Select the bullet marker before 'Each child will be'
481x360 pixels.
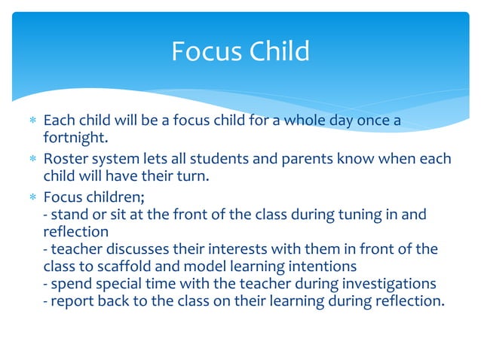coord(31,121)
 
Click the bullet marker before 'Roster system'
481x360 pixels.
coord(31,159)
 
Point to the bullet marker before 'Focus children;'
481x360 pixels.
coord(31,197)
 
